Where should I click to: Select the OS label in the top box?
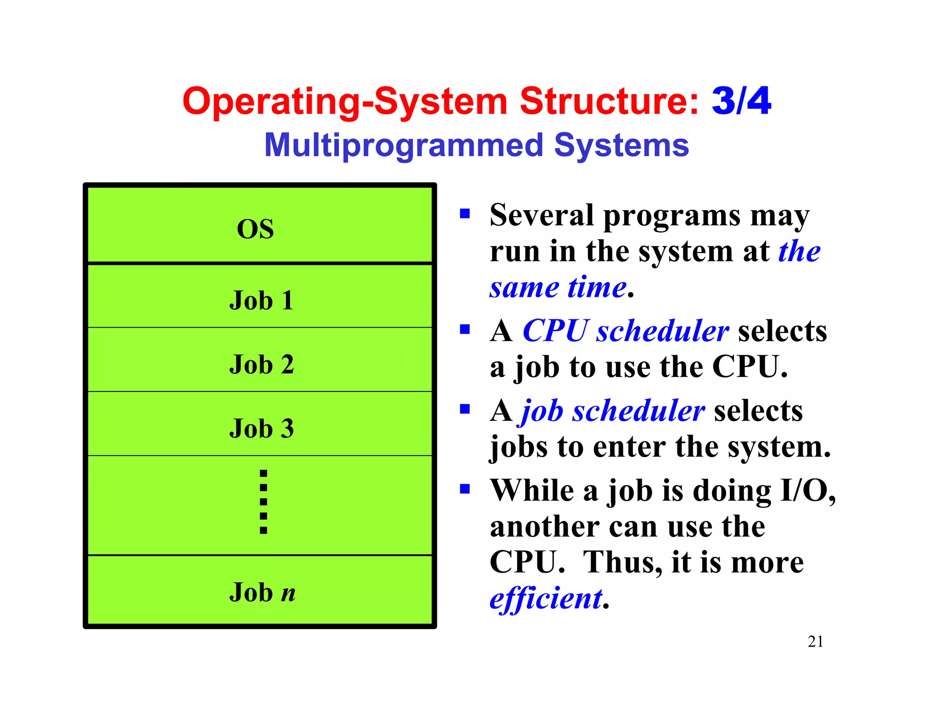pos(255,229)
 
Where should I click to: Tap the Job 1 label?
pos(261,301)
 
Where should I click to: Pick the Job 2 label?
pos(261,364)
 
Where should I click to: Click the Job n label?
pos(262,592)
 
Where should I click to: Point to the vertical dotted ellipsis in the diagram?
pos(263,502)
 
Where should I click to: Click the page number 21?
pos(815,642)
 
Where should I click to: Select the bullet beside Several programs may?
pos(465,213)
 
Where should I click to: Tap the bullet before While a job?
pos(465,489)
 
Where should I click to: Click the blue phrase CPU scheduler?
pos(625,331)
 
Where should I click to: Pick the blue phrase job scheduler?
pos(613,410)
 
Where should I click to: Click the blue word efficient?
pos(546,598)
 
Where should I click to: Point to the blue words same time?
pos(558,288)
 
